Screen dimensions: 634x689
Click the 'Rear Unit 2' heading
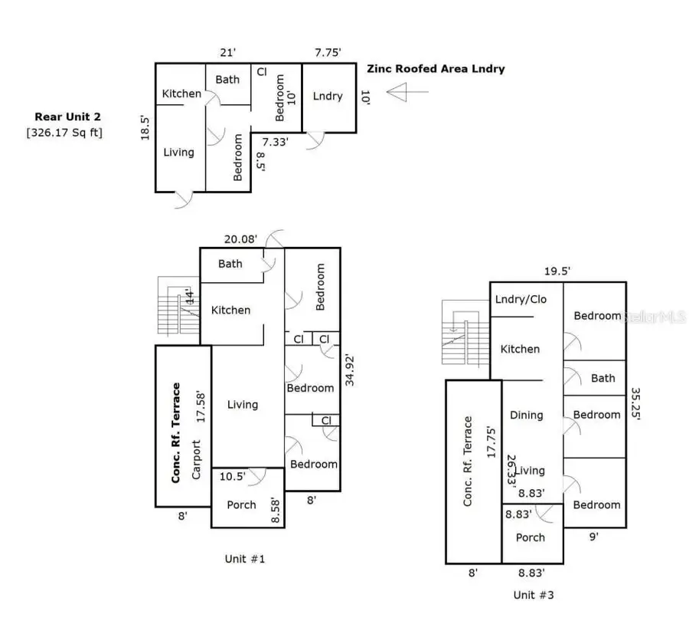coord(67,117)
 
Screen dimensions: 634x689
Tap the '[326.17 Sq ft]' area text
coord(65,133)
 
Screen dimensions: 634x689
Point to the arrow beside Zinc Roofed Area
coord(405,93)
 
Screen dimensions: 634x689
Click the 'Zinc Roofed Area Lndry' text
coord(436,69)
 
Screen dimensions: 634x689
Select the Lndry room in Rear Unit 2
coord(328,97)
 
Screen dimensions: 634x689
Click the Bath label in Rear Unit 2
coord(227,79)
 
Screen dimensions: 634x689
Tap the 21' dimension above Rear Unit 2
coord(228,52)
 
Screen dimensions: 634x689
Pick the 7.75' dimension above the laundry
coord(328,52)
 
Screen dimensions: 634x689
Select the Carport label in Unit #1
coord(196,459)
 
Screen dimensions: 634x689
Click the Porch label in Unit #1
coord(241,504)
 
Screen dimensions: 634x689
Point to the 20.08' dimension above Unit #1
coord(239,238)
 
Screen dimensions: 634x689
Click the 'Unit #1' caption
coord(245,558)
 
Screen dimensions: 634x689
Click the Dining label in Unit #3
coord(526,415)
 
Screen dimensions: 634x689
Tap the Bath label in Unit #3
coord(602,378)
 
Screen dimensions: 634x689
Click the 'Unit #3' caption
coord(534,594)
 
